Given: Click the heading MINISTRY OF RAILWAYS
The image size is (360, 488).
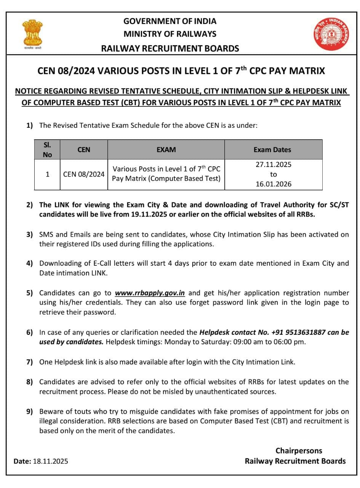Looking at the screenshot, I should tap(170, 34).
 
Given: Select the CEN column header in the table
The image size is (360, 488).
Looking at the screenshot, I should tap(84, 149).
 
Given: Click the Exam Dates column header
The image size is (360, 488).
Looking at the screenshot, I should tap(272, 149).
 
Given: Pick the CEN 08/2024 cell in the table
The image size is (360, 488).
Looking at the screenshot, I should tap(84, 174).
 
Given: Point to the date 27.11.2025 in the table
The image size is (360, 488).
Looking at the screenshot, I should tap(273, 165).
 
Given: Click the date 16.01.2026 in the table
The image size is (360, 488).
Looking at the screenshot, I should tap(273, 184).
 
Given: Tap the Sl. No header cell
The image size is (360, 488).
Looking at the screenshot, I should tap(47, 149).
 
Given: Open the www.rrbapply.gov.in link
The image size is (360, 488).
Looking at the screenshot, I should tap(150, 293).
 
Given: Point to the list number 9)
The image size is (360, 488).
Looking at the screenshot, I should tap(30, 411).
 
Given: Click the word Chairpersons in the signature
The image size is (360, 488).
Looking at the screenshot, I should tap(299, 451).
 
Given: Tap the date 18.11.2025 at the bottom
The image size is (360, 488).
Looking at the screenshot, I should tap(50, 461).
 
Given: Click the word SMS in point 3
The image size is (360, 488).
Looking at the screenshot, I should tap(46, 234).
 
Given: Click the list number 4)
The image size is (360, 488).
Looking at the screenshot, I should tap(30, 263).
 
